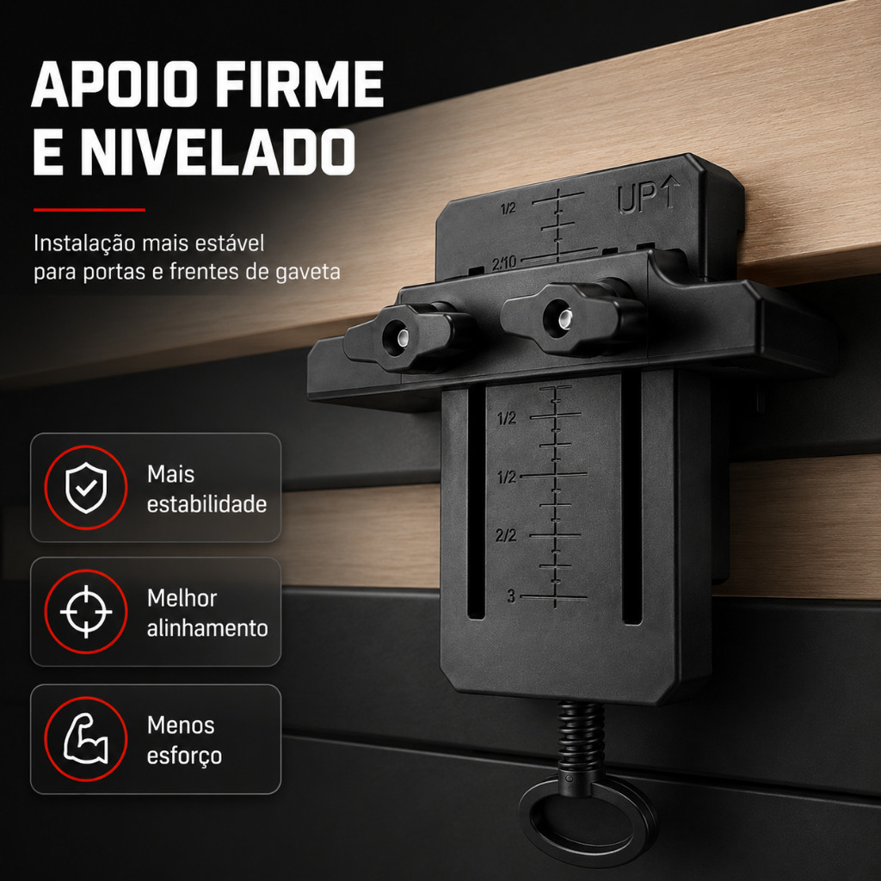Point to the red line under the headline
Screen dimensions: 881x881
pos(89,210)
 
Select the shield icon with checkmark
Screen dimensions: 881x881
pos(86,488)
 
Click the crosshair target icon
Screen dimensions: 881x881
pos(86,612)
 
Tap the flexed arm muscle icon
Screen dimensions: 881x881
pos(86,738)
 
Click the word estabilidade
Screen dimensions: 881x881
pos(206,504)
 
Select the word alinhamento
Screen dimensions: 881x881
pos(207,627)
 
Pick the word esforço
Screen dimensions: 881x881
pos(184,756)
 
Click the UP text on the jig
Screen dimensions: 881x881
pos(637,199)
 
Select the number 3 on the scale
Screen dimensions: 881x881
pos(511,596)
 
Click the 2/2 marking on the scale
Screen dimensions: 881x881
pos(506,535)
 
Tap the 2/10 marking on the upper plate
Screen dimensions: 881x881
pos(504,263)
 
